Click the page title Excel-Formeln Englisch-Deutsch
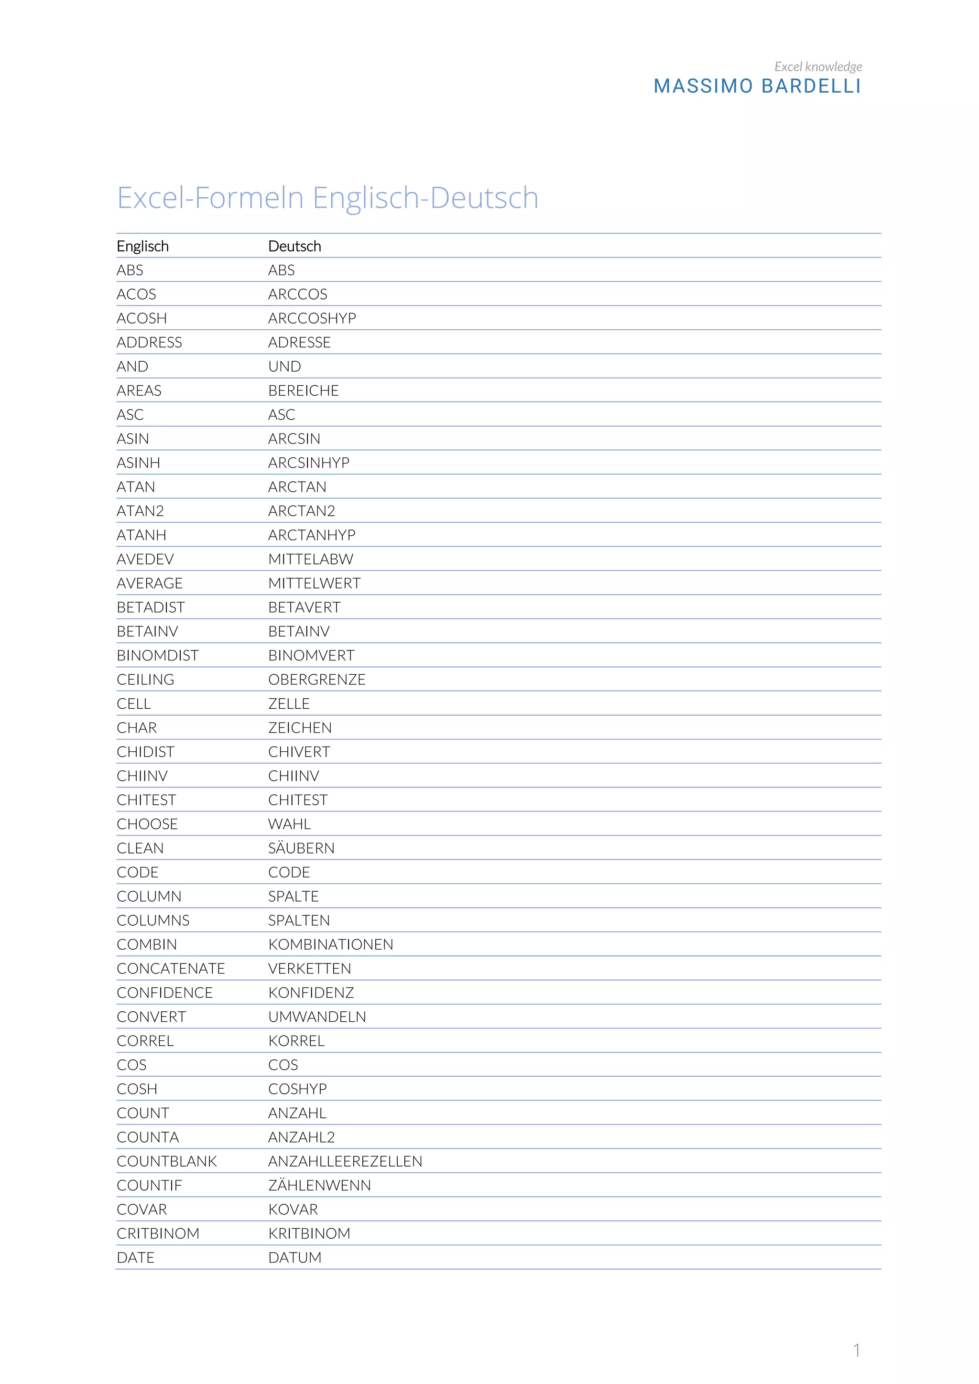click(327, 198)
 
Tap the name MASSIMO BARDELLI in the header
click(757, 86)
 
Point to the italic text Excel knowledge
click(817, 66)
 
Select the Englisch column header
click(143, 246)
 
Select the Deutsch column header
click(295, 246)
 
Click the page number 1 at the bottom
click(856, 1350)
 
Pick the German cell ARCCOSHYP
click(312, 318)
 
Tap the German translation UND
click(284, 367)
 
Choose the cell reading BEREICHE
click(303, 390)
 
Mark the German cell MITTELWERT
click(315, 583)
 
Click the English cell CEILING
click(145, 680)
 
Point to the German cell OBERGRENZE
click(317, 680)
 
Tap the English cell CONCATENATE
click(171, 969)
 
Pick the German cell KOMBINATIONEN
click(331, 944)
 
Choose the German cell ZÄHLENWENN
click(319, 1185)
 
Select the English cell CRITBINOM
click(158, 1233)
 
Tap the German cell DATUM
click(295, 1257)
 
